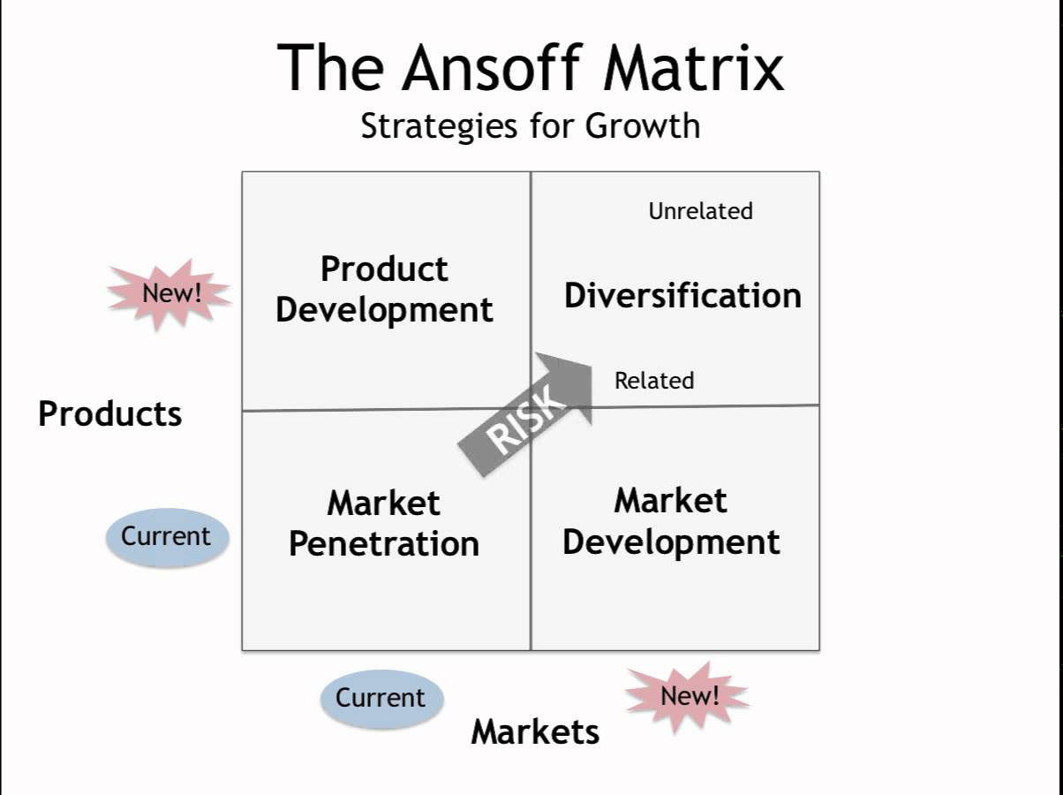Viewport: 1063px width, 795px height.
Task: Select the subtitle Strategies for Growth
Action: tap(531, 125)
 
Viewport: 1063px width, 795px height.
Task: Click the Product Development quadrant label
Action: tap(384, 289)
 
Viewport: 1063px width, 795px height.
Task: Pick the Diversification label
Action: tap(682, 295)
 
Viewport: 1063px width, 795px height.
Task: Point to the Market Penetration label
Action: tap(384, 523)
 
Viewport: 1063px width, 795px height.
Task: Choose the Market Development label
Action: tap(671, 521)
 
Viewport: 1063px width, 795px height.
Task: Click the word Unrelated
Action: tap(700, 211)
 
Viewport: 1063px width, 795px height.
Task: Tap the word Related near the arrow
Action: tap(654, 381)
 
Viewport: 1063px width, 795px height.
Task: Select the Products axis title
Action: tap(109, 413)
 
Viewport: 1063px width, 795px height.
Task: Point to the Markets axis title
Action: tap(535, 731)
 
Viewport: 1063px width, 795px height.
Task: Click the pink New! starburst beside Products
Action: tap(170, 293)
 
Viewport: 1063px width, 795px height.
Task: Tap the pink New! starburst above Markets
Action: tap(689, 696)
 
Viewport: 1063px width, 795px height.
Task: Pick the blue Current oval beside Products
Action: tap(166, 536)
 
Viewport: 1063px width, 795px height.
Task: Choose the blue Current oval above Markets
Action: tap(381, 698)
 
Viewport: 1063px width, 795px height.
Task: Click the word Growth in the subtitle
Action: tap(643, 125)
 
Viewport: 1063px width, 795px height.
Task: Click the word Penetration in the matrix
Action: tap(384, 543)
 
